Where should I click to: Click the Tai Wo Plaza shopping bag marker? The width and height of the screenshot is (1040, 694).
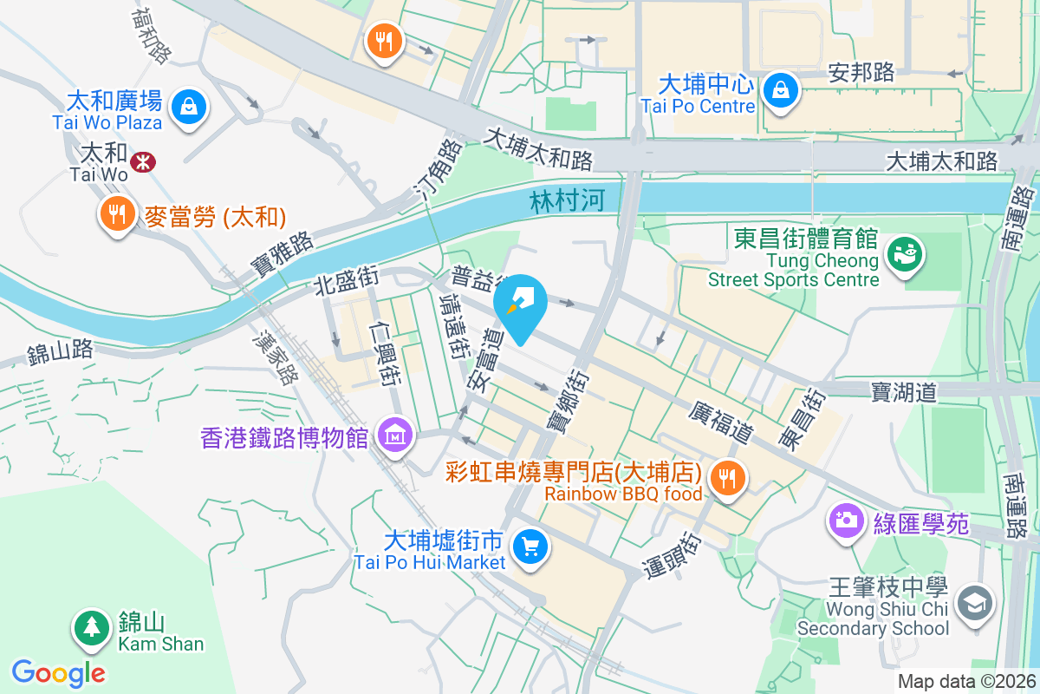point(186,107)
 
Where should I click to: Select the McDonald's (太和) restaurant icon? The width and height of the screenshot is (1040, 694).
point(115,213)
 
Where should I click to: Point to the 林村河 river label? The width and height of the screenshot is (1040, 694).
point(566,202)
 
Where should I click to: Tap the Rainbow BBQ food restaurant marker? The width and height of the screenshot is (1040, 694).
point(727,477)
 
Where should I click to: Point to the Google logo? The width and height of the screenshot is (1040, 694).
point(58,672)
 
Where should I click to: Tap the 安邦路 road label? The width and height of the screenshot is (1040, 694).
point(861,72)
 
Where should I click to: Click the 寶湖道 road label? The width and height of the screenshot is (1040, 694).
point(904,393)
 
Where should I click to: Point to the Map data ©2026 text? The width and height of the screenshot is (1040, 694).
point(965,682)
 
